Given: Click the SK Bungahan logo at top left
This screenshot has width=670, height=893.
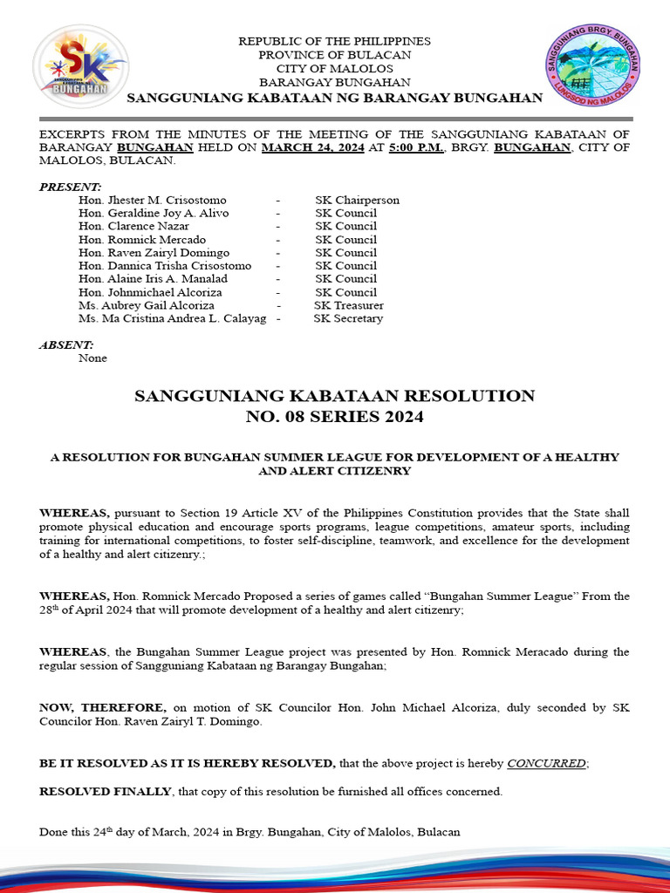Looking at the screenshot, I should coord(80,65).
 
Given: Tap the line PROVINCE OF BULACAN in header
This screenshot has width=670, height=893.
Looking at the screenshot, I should coord(334,55).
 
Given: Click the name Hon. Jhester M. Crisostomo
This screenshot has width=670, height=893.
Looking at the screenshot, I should coord(152,200).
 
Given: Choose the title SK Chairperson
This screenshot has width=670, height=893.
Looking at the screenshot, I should coord(357,200).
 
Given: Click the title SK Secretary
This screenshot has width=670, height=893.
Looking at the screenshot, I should coord(348,318).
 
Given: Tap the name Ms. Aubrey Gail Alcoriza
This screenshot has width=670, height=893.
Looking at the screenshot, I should coord(146,305).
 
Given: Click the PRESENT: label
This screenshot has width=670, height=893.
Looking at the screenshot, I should coord(71,187).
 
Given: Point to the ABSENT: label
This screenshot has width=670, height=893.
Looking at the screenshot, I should coord(66,345).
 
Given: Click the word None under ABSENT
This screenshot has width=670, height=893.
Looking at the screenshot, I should coord(92,358).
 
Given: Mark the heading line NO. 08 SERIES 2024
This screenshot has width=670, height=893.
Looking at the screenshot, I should coord(334,417).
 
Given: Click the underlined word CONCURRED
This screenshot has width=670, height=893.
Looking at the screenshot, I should coord(546,763).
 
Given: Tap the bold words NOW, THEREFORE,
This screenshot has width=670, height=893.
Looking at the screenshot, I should coord(102,708).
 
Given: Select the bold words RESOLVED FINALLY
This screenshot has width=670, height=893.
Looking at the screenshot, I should coord(106,791).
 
